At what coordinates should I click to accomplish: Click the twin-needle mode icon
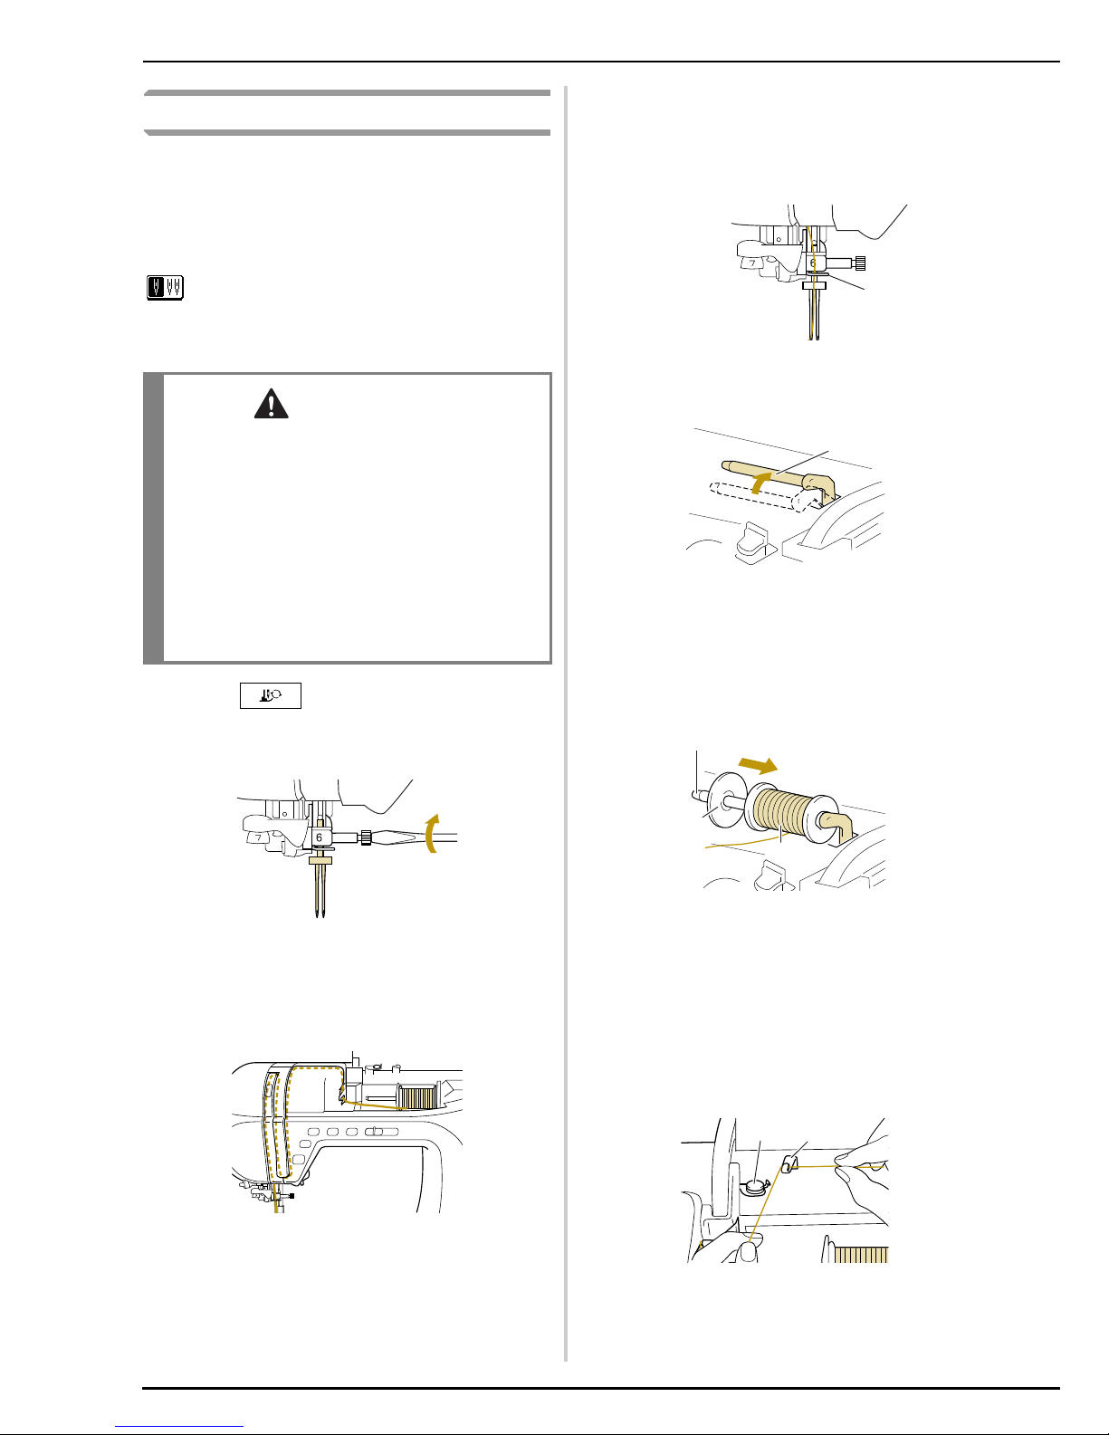tap(165, 288)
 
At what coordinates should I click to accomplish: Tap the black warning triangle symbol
tap(272, 404)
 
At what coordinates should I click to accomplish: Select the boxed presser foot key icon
tap(271, 695)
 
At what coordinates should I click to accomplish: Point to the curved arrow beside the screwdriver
tap(432, 834)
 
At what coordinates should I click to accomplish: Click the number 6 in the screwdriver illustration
tap(319, 837)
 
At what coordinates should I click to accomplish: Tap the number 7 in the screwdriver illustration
tap(259, 837)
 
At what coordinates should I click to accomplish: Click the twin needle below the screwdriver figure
tap(320, 889)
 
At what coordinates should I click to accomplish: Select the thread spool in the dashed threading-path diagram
tap(416, 1097)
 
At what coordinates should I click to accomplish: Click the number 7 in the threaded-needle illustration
tap(752, 263)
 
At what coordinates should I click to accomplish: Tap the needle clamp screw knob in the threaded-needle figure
tap(860, 263)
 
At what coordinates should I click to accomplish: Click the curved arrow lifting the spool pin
tap(760, 482)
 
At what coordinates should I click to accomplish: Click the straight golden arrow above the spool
tap(758, 765)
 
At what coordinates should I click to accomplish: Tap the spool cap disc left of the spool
tap(724, 801)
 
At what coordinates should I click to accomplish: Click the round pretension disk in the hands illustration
tap(754, 1187)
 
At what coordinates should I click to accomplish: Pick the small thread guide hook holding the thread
tap(789, 1164)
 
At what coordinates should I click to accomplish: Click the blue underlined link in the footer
tap(179, 1426)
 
